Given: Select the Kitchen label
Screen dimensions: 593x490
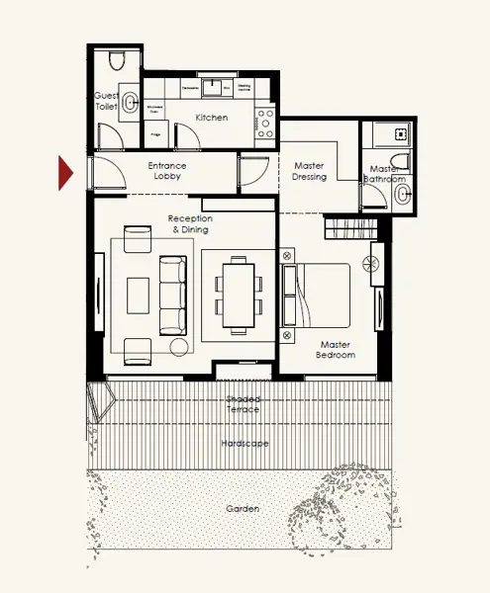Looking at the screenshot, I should [211, 118].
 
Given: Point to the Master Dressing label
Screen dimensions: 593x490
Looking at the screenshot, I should [309, 171].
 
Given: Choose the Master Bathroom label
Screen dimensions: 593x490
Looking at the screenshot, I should [382, 174].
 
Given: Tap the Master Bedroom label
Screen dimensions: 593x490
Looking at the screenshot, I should [335, 350].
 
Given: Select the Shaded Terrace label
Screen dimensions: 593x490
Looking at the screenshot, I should [243, 403].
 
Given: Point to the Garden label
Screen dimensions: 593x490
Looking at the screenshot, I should [243, 509].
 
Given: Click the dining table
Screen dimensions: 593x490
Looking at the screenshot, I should [238, 294].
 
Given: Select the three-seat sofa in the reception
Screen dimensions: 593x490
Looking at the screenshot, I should [172, 294].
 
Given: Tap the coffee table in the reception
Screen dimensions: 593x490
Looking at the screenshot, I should [138, 294].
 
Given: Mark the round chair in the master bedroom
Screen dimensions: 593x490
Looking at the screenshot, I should [372, 264].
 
